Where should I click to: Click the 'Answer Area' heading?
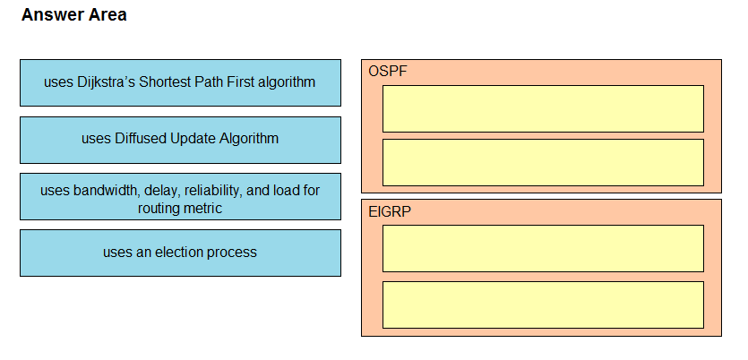(x=74, y=15)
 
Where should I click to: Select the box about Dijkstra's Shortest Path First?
(x=180, y=82)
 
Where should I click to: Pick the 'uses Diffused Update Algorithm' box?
(x=180, y=140)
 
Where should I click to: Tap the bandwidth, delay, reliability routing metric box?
(x=180, y=196)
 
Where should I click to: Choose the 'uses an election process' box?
(x=180, y=253)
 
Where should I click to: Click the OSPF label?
(x=388, y=71)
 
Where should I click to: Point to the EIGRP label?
(x=390, y=211)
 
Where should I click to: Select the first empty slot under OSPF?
(x=543, y=108)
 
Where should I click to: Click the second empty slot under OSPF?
(x=543, y=163)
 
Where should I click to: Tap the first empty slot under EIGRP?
(x=543, y=248)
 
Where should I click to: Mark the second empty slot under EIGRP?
(x=543, y=304)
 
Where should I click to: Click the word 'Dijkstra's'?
(x=106, y=82)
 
